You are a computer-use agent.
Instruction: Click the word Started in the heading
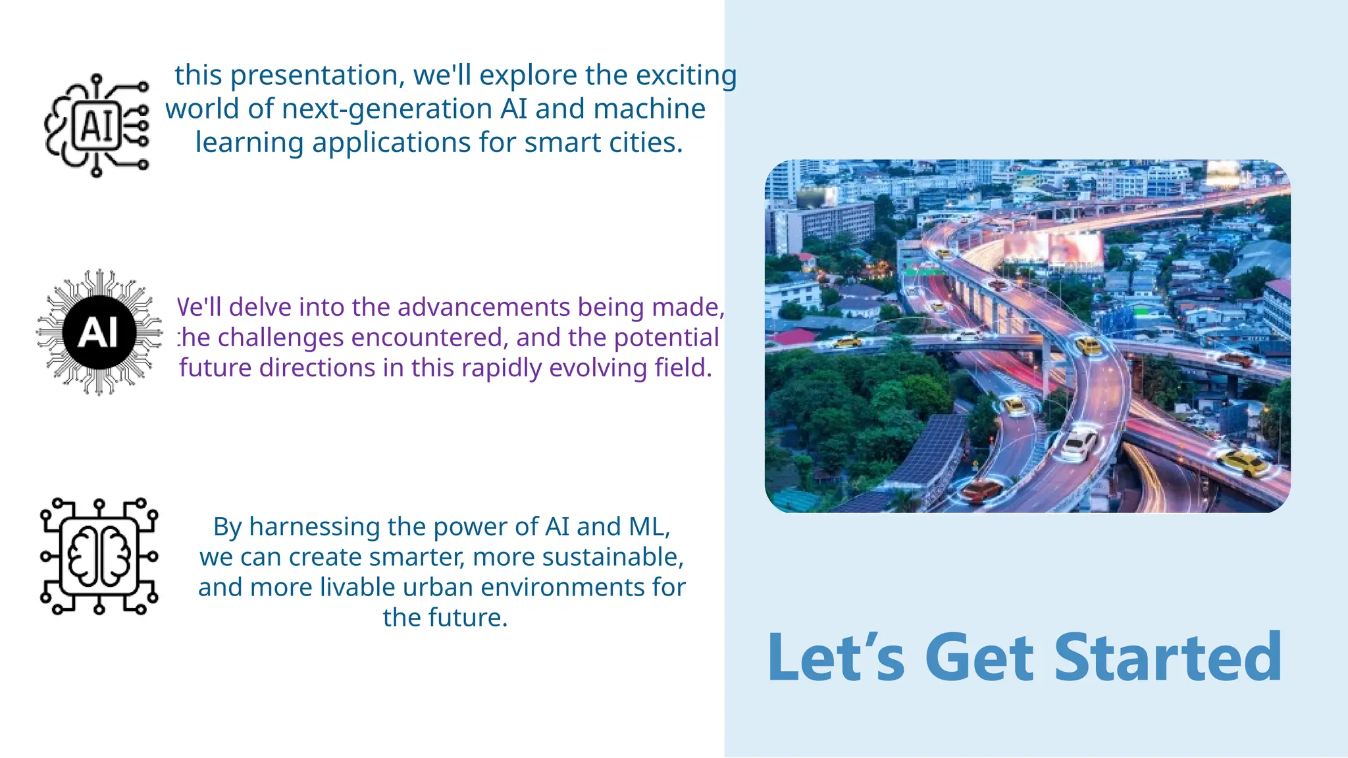(1168, 657)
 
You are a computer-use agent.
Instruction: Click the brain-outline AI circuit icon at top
(97, 125)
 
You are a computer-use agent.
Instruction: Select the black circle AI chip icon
(99, 332)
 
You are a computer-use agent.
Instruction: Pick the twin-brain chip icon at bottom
(99, 556)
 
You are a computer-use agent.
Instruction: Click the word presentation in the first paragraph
(317, 76)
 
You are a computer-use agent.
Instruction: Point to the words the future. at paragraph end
(445, 618)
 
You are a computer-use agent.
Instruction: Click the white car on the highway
(1078, 445)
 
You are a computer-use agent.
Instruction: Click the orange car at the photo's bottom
(981, 491)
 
